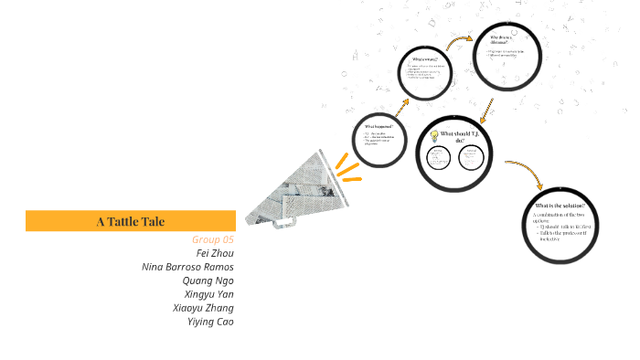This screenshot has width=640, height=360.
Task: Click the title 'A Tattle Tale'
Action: [x=131, y=221]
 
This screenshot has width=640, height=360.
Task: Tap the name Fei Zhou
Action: [x=215, y=252]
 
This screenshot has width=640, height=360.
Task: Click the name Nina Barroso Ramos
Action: [x=187, y=266]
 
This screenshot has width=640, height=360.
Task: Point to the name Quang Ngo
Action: [x=208, y=280]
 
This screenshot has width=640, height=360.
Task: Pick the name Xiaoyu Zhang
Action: [x=203, y=307]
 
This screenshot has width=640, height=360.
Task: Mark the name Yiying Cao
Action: [x=209, y=321]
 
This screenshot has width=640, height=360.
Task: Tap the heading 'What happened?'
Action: [x=378, y=126]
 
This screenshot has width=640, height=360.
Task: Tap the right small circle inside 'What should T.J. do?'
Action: [x=472, y=158]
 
